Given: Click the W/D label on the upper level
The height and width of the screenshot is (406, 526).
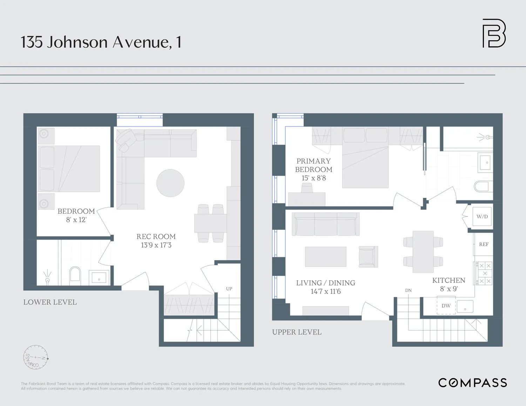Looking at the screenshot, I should click(482, 216).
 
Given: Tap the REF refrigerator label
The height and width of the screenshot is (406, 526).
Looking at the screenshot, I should click(484, 245).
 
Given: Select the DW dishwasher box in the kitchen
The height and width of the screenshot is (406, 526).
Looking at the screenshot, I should click(446, 305).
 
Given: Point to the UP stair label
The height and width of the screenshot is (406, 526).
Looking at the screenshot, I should click(229, 289).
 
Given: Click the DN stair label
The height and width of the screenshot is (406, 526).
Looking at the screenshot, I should click(408, 290).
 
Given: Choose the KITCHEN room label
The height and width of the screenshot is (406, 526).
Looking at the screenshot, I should click(449, 280).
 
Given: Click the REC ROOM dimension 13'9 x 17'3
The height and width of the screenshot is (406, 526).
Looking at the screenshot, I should click(156, 245).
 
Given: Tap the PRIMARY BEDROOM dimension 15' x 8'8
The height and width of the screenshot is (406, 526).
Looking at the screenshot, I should click(313, 178).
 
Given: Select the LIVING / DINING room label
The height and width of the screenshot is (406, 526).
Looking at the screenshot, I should click(325, 283).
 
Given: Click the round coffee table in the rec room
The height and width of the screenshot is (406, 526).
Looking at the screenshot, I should click(170, 183).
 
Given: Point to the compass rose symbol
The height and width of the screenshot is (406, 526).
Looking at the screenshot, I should click(35, 357).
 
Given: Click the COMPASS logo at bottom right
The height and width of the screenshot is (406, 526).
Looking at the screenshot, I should click(472, 383).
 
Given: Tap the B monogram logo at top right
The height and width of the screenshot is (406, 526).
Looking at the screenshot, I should click(494, 33).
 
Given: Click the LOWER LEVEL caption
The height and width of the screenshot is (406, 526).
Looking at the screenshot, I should click(50, 302).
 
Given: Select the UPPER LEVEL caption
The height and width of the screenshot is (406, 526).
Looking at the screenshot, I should click(297, 332).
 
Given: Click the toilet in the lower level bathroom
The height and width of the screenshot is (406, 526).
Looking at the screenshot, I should click(75, 274).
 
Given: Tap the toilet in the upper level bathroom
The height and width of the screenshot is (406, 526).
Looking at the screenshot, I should click(482, 186).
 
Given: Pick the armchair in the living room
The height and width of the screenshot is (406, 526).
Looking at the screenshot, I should click(368, 257).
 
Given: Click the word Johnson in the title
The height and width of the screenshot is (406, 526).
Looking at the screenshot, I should click(77, 42).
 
